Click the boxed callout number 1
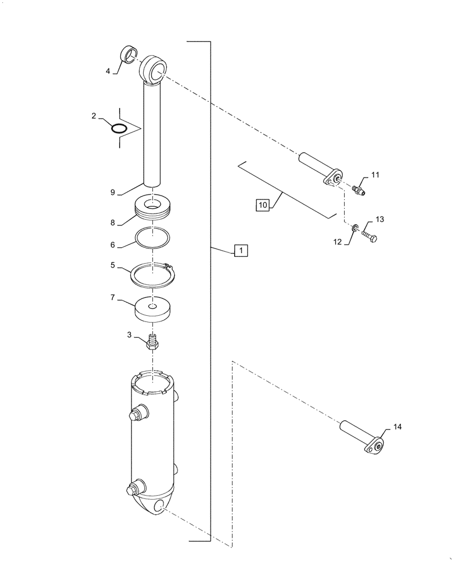240,251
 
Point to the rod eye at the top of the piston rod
153,70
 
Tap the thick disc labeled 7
153,311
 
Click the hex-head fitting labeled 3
153,342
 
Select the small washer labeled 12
355,227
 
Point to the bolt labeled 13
370,234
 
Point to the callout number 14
397,428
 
